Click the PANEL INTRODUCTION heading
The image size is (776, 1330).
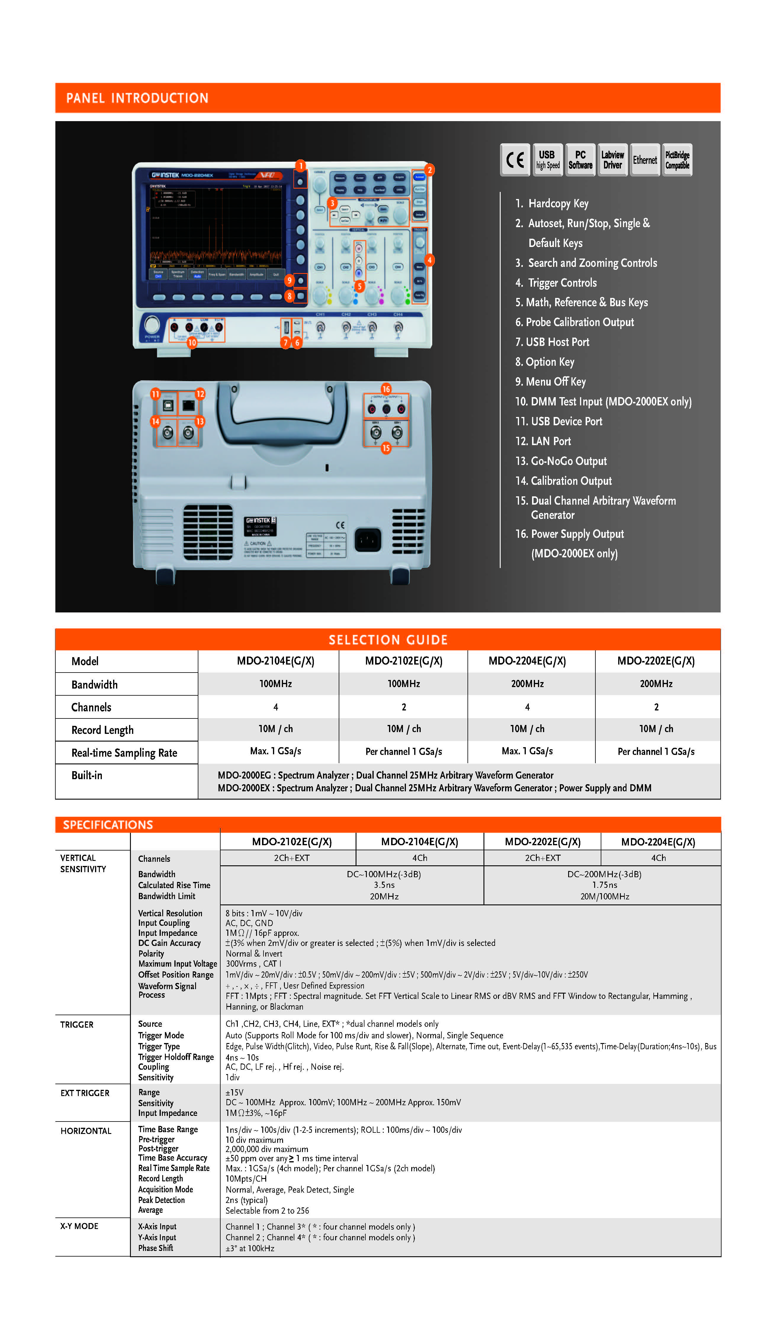click(x=137, y=98)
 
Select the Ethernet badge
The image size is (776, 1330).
click(x=645, y=159)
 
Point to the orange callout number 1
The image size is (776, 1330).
click(x=301, y=166)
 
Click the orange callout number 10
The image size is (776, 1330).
click(x=192, y=343)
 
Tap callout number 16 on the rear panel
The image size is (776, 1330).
click(x=386, y=389)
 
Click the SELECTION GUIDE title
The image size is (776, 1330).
click(x=388, y=640)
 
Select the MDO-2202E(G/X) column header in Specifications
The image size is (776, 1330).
click(x=542, y=842)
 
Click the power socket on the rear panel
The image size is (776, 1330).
click(x=368, y=539)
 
